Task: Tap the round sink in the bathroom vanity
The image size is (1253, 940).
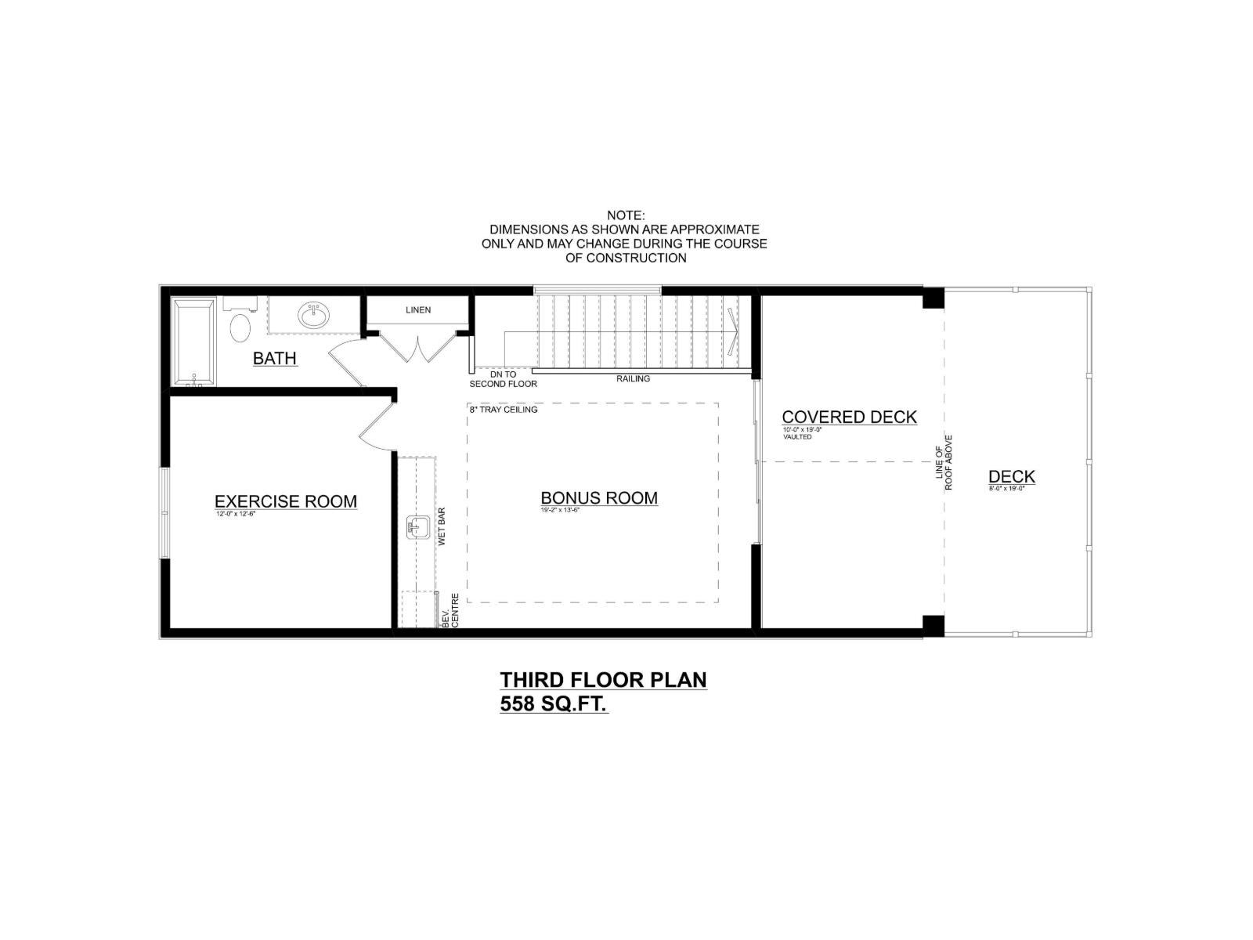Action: coord(313,316)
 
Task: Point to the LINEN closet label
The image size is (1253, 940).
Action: coord(418,310)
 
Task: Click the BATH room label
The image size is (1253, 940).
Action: coord(275,359)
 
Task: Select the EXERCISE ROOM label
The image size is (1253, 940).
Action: coord(286,501)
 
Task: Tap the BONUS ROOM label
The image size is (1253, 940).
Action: coord(599,498)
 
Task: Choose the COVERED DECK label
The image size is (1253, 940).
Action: coord(849,418)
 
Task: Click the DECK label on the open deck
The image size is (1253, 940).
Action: coord(1011,476)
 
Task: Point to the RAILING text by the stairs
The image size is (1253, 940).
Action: coord(633,379)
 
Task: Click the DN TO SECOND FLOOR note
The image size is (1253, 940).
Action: coord(503,380)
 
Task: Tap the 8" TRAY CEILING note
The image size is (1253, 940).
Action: coord(504,410)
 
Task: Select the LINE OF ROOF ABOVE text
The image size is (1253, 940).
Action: coord(944,462)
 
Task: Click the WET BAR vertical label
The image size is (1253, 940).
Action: coord(442,526)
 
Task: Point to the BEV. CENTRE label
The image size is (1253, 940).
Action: coord(450,609)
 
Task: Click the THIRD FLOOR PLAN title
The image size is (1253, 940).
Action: coord(603,679)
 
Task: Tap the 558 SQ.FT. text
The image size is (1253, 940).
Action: coord(554,704)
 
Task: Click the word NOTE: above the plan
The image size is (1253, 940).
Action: coord(625,215)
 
